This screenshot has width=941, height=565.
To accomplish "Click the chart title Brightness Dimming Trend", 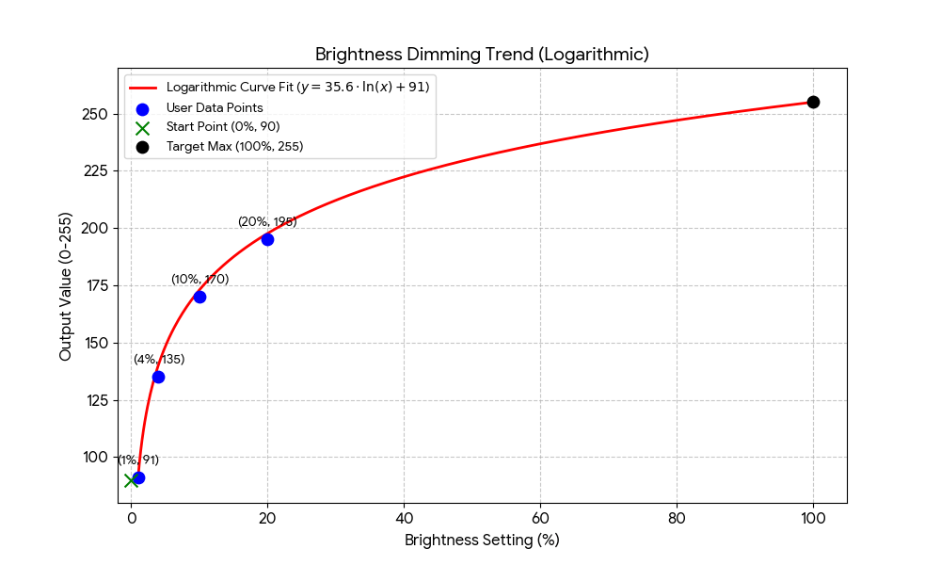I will [482, 55].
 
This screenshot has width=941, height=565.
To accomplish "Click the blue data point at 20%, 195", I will [267, 239].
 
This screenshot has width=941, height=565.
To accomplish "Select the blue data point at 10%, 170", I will [199, 297].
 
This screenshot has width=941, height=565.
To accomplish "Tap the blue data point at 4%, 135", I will [158, 377].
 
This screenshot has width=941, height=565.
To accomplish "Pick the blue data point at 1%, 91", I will [138, 477].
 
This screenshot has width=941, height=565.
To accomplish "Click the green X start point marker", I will [131, 480].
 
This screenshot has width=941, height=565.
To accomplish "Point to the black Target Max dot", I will [813, 102].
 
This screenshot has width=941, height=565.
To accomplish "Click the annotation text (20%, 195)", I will [267, 221].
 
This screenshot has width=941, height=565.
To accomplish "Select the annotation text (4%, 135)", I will [159, 359].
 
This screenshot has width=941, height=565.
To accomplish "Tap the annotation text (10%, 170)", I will [199, 279].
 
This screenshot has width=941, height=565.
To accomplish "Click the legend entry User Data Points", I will [215, 107].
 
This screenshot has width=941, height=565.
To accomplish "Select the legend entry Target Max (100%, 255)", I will [234, 146].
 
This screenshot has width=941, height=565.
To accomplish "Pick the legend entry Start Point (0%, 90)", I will [223, 126].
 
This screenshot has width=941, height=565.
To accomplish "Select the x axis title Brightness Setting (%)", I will [482, 541].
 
